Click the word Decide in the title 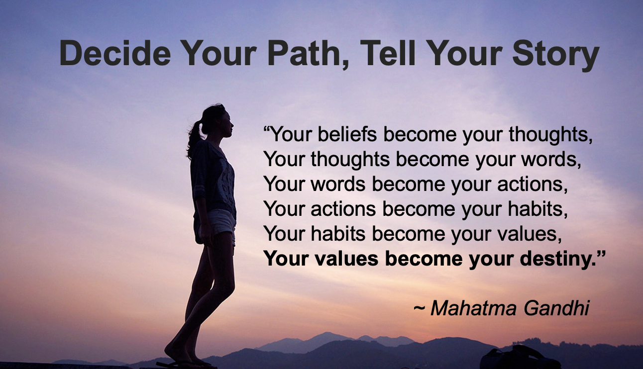(115, 53)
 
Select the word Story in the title (555, 57)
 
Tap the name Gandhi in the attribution (556, 308)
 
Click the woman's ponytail (195, 139)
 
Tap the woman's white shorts (221, 222)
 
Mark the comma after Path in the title (345, 64)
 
